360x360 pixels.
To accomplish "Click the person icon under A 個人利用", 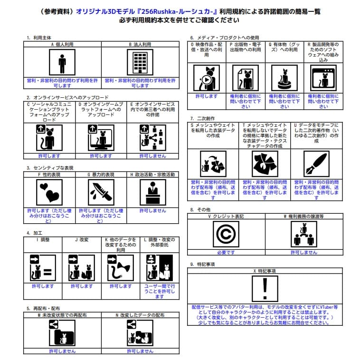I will coord(62,62).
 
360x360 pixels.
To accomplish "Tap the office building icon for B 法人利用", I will coord(140,62).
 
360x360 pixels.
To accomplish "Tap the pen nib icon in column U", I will coord(316,164).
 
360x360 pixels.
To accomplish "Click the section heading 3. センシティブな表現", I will coord(50,168).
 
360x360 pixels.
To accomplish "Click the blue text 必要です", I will coord(226,253).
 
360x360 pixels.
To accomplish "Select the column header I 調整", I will coord(43,240).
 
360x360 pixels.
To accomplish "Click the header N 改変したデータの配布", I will coord(140,315).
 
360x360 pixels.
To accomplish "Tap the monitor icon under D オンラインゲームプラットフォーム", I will coord(101,138).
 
